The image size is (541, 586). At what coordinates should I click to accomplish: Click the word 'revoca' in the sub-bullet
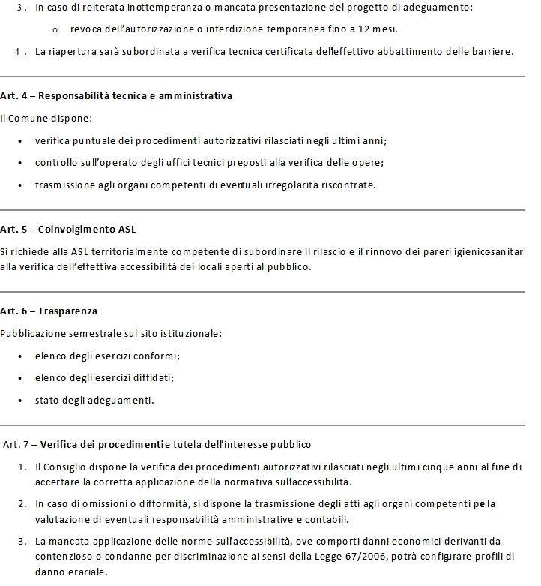85,29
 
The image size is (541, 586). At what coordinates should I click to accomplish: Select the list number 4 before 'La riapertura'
17,52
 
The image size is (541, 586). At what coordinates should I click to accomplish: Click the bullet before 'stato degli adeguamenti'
19,400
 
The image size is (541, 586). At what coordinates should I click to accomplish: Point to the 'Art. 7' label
17,444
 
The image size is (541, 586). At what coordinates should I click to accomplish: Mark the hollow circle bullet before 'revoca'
56,30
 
